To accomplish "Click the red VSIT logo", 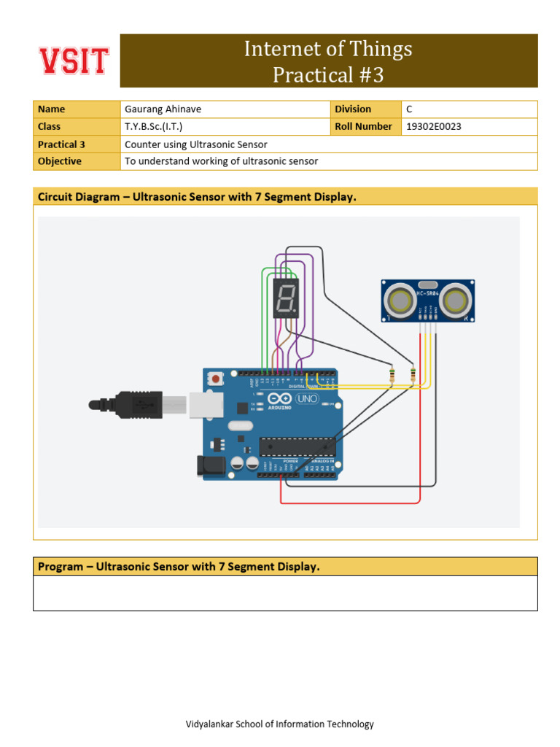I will click(x=74, y=61).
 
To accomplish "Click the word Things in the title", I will click(x=379, y=49).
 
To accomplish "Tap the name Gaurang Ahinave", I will click(x=163, y=109).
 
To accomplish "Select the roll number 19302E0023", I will click(x=433, y=127).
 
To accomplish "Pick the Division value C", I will click(x=409, y=109).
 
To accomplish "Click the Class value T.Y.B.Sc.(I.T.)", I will click(x=153, y=127).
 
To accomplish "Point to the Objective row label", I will click(x=60, y=161).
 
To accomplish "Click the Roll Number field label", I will click(x=363, y=127).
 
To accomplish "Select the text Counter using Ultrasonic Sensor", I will click(x=195, y=144).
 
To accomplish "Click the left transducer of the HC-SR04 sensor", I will click(x=400, y=300).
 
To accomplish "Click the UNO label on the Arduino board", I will click(x=305, y=399).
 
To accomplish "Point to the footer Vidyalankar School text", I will click(x=280, y=724).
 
